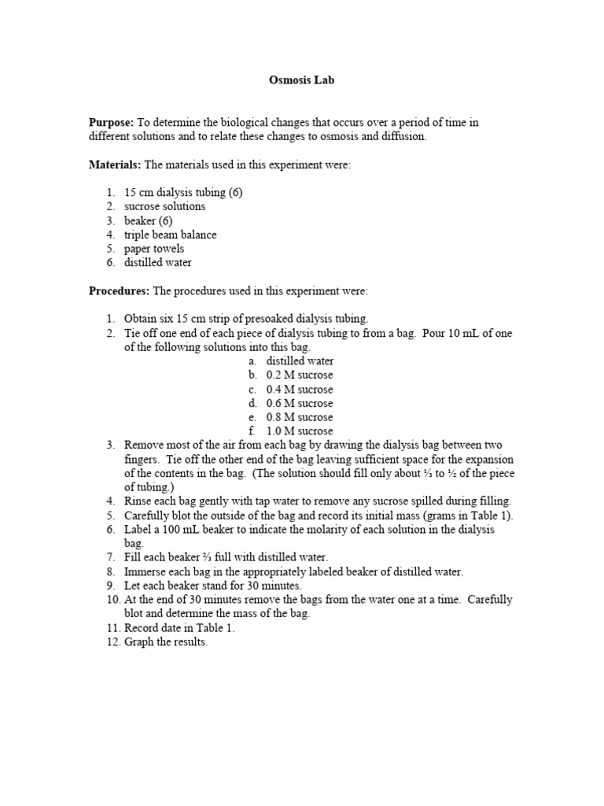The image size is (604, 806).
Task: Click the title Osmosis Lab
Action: (x=302, y=81)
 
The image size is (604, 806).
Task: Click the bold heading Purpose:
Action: (x=111, y=122)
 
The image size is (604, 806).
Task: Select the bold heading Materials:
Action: (x=115, y=164)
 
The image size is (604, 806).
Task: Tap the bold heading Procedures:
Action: (x=119, y=290)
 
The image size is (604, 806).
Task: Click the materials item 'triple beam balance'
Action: (x=170, y=235)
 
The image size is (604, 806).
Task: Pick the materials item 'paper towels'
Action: (x=154, y=249)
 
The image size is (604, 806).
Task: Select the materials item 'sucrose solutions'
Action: (x=164, y=206)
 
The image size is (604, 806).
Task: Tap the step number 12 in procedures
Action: (x=112, y=642)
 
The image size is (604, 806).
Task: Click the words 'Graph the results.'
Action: (x=166, y=642)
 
